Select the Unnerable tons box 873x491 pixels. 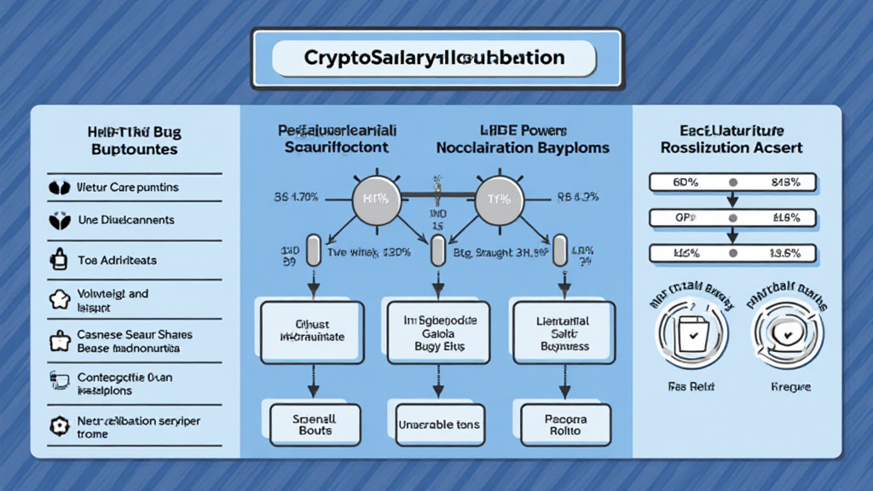pos(438,425)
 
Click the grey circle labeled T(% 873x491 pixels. pos(498,199)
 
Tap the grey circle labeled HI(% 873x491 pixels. pos(375,199)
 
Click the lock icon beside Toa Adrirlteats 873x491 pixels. pos(59,258)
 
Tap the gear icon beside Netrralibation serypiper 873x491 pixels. pos(59,425)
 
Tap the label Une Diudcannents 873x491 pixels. pos(125,220)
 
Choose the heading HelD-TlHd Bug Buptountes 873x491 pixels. pos(135,141)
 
